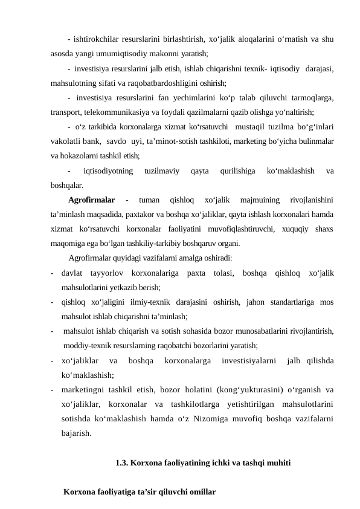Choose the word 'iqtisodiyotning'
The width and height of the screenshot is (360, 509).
coord(109,172)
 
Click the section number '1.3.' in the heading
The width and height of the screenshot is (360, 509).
coord(121,464)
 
